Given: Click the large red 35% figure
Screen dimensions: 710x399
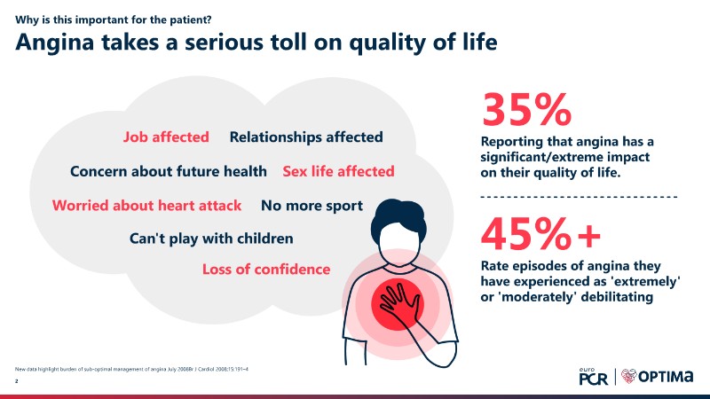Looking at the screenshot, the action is point(526,109).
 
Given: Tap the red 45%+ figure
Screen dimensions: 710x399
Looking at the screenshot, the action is point(540,233).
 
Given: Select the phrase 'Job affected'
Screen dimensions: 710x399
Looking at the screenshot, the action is point(166,137).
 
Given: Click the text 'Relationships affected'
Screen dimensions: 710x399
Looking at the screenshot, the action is point(306,137).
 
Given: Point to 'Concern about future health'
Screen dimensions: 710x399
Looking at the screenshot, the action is point(169,171).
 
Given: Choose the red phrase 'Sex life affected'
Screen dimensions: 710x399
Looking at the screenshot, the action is point(338,171).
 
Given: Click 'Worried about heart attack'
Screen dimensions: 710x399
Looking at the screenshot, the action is point(146,206).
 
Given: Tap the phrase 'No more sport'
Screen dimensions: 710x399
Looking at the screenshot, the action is point(312,206).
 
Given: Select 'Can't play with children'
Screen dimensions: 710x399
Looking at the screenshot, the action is point(211,239).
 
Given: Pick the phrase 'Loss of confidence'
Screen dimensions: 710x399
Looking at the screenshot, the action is point(266,270).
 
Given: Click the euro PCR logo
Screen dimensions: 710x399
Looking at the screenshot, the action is point(593,376).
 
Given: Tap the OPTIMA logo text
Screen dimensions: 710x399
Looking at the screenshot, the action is point(666,376).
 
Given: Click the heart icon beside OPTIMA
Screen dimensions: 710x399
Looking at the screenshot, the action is point(629,376).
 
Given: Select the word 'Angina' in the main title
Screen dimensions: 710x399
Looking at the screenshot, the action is point(55,43).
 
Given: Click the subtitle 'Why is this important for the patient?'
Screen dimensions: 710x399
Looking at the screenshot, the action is point(114,20).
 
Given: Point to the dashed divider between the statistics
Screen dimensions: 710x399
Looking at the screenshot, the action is point(580,197).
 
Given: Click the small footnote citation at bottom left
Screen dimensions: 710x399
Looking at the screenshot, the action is point(131,369).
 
